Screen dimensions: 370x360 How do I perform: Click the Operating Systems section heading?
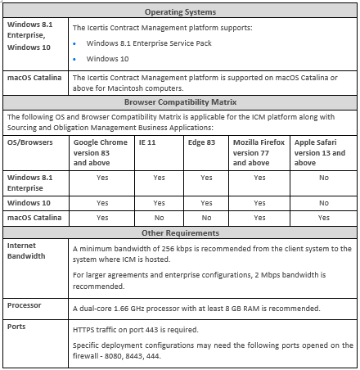[179, 12]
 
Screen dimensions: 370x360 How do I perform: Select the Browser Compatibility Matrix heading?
[179, 103]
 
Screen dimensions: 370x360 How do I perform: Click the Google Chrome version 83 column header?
[101, 151]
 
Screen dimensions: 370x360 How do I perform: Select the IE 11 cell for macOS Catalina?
[158, 218]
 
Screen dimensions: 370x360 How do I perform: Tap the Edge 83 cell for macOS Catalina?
[206, 218]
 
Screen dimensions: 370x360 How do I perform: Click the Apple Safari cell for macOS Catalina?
[323, 218]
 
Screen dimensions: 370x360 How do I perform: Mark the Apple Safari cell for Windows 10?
[323, 202]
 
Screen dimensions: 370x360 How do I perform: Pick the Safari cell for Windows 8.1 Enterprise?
[323, 177]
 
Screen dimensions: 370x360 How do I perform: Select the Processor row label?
[25, 305]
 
